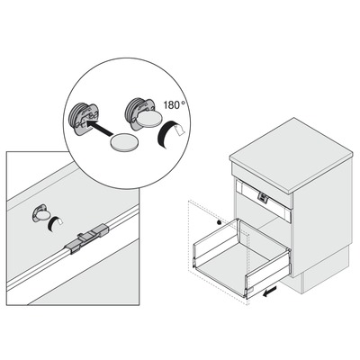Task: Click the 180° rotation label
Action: pyautogui.click(x=175, y=104)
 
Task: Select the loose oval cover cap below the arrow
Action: pyautogui.click(x=124, y=141)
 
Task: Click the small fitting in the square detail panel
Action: pyautogui.click(x=40, y=213)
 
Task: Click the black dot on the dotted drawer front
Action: pyautogui.click(x=219, y=222)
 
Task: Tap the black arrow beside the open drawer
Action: pyautogui.click(x=269, y=292)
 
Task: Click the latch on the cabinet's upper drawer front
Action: pyautogui.click(x=263, y=198)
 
